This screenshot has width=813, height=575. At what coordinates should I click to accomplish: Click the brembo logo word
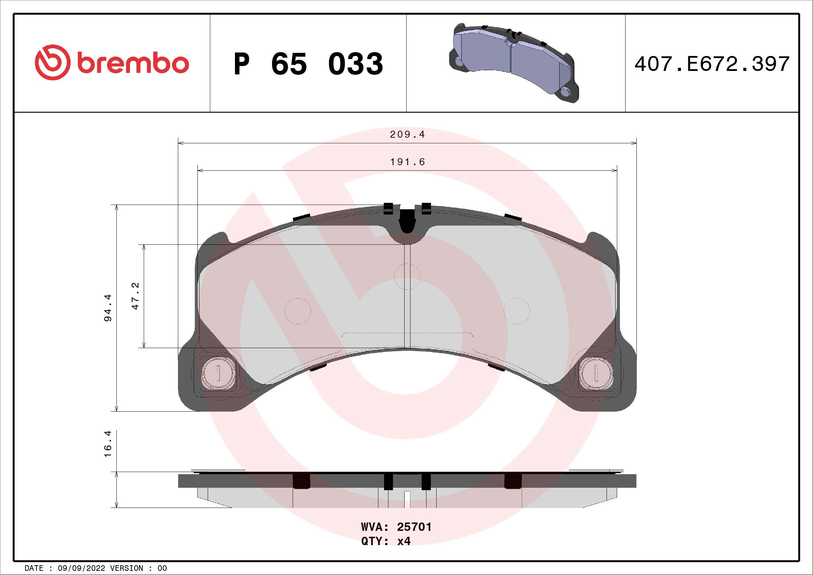point(132,64)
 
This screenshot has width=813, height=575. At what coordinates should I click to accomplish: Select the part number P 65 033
point(308,64)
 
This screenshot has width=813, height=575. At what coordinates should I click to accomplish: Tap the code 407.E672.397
point(712,64)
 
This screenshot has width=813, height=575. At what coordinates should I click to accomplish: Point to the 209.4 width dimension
point(407,135)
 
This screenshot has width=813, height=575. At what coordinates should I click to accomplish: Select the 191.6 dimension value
point(407,162)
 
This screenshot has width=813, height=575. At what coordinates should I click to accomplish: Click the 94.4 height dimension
point(108,307)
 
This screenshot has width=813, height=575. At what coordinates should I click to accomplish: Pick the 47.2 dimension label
point(136,296)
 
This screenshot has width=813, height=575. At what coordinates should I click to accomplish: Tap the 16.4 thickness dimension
point(108,444)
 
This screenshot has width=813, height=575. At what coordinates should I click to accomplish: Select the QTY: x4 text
point(385,541)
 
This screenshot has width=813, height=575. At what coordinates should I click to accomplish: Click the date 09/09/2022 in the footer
point(81,568)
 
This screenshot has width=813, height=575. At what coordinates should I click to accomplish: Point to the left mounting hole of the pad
point(218,372)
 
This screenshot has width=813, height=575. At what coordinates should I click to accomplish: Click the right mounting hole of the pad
point(596,372)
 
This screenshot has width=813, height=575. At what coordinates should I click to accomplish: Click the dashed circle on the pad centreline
point(407,276)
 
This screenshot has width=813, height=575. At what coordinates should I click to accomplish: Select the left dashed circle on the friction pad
point(298,311)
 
